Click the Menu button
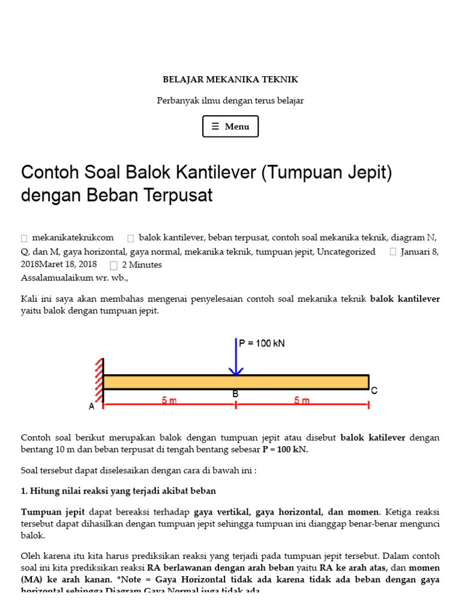[x=230, y=127]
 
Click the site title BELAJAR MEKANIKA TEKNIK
[x=230, y=79]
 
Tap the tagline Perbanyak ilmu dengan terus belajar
[x=230, y=101]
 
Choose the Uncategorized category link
[x=346, y=252]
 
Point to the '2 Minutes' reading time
[x=142, y=264]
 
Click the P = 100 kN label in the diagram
[x=262, y=344]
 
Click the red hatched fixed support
[x=98, y=380]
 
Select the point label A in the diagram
[x=92, y=407]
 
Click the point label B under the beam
[x=236, y=394]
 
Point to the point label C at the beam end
[x=374, y=391]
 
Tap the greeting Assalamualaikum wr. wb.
[x=74, y=278]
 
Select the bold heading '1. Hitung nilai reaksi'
[x=118, y=490]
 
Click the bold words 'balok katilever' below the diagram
[x=373, y=438]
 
